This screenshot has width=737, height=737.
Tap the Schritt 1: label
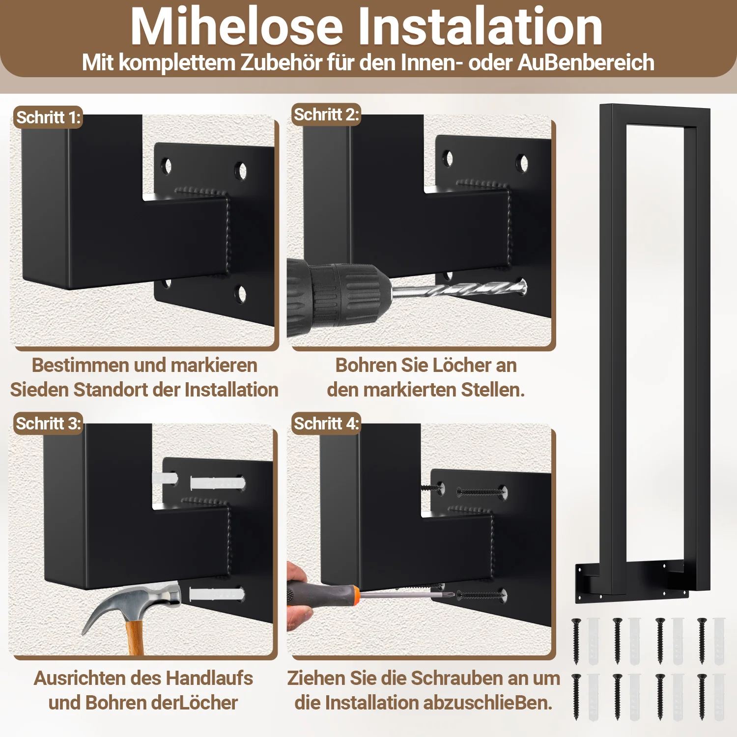click(x=48, y=117)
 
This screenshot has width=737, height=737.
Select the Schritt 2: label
click(x=326, y=114)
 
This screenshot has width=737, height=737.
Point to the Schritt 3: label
click(x=48, y=423)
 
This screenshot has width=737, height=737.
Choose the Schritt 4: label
click(x=326, y=423)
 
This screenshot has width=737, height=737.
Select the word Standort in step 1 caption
click(x=126, y=390)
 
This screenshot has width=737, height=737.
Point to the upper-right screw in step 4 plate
click(x=482, y=491)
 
